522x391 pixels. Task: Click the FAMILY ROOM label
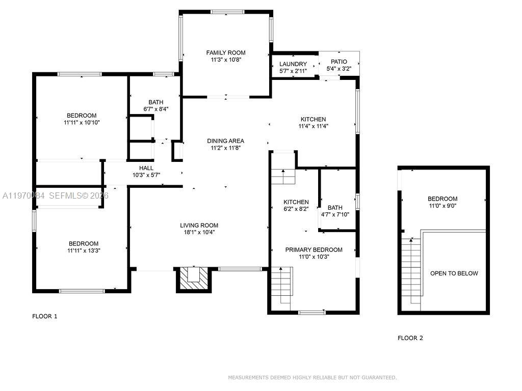coord(225,52)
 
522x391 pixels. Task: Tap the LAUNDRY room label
coord(293,64)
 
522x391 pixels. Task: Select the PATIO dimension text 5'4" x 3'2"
coord(338,69)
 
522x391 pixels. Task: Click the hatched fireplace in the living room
coord(193,279)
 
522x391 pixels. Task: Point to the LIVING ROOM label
coord(199,225)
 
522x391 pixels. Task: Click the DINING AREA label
coord(225,141)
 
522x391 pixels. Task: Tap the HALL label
coord(146,168)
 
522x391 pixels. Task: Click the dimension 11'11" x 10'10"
coord(82,123)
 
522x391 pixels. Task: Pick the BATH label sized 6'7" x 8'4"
coord(156,102)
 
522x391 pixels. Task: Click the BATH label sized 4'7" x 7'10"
coord(335,208)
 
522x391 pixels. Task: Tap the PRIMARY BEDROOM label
coord(314,249)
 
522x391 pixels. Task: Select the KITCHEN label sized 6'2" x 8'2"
coord(296,202)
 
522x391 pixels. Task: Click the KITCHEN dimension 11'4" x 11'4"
coord(314,126)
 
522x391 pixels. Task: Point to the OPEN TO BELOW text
coord(454,273)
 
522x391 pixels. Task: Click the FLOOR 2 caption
coord(410,338)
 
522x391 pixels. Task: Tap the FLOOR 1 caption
coord(45,316)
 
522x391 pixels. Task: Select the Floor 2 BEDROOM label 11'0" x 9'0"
coord(442,199)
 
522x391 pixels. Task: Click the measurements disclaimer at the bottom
coord(312,377)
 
